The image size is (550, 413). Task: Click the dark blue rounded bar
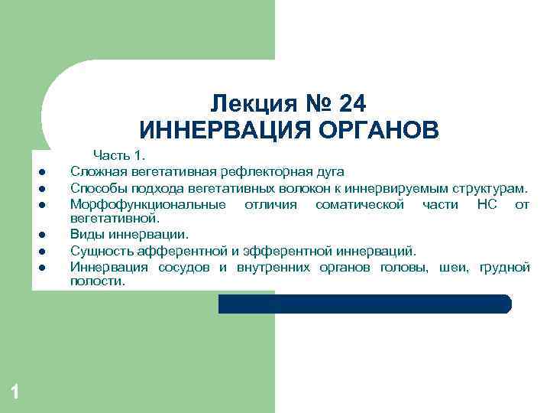pyautogui.click(x=364, y=304)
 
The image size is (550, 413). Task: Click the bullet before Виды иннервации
pyautogui.click(x=44, y=234)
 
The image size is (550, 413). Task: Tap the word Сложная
pyautogui.click(x=94, y=171)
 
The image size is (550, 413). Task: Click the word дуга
pyautogui.click(x=331, y=171)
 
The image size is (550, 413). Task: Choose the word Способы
pyautogui.click(x=95, y=188)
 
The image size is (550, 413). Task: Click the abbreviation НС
pyautogui.click(x=487, y=204)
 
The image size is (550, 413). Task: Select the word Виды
pyautogui.click(x=84, y=233)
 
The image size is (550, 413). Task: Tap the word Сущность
pyautogui.click(x=97, y=250)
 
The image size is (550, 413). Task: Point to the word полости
pyautogui.click(x=96, y=281)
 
